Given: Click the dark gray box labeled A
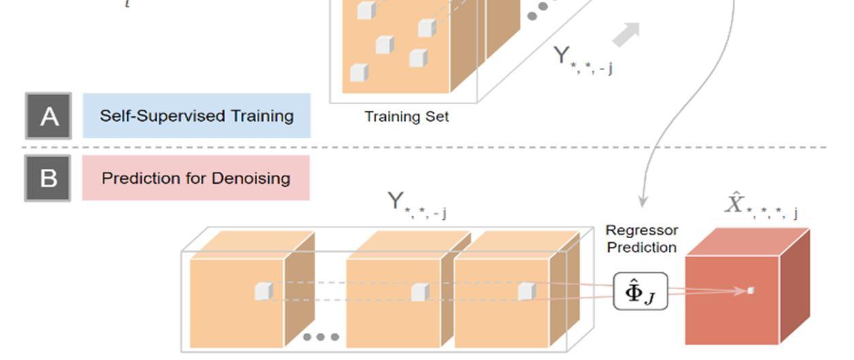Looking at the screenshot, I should [x=48, y=116].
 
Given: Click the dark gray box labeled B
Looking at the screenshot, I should [x=48, y=178].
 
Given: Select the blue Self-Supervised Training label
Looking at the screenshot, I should [x=197, y=116].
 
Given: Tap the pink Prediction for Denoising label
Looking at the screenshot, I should [x=196, y=178].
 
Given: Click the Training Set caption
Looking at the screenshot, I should [x=406, y=116].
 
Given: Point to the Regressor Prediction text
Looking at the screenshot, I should [x=641, y=239].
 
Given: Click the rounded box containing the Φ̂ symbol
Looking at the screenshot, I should [x=640, y=292].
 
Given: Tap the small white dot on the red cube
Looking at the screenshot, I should [x=751, y=291].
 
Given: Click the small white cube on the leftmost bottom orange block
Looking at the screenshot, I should [x=263, y=291].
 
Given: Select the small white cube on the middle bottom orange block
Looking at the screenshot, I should [x=420, y=292].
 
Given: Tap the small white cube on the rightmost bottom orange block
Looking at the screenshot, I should [x=526, y=291].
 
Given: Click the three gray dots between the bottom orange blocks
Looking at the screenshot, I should [x=321, y=337].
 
